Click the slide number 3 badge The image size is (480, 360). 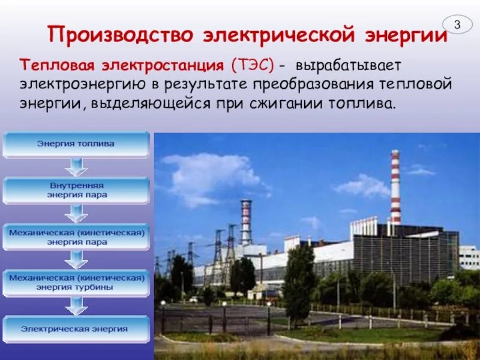(x=457, y=25)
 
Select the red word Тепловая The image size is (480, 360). (x=50, y=64)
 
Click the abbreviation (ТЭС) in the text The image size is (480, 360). (x=250, y=64)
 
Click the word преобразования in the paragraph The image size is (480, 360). (x=309, y=84)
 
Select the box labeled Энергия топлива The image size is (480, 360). (x=76, y=145)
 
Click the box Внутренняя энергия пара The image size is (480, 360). (x=76, y=191)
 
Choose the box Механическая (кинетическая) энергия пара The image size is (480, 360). (x=76, y=237)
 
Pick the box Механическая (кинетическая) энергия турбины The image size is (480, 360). (x=76, y=283)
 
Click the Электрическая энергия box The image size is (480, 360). (x=76, y=329)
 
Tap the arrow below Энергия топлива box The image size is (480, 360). (x=76, y=167)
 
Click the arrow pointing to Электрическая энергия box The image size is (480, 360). (x=76, y=305)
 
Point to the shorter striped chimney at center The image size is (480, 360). (x=246, y=222)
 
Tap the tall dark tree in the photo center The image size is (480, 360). (x=299, y=279)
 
